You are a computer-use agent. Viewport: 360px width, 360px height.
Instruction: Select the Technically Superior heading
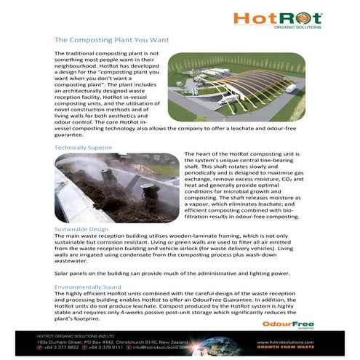click(84, 148)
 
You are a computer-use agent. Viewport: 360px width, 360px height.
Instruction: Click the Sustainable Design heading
click(81, 228)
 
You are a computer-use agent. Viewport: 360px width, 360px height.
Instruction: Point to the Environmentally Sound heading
click(88, 287)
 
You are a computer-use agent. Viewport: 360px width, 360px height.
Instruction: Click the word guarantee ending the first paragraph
click(71, 135)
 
